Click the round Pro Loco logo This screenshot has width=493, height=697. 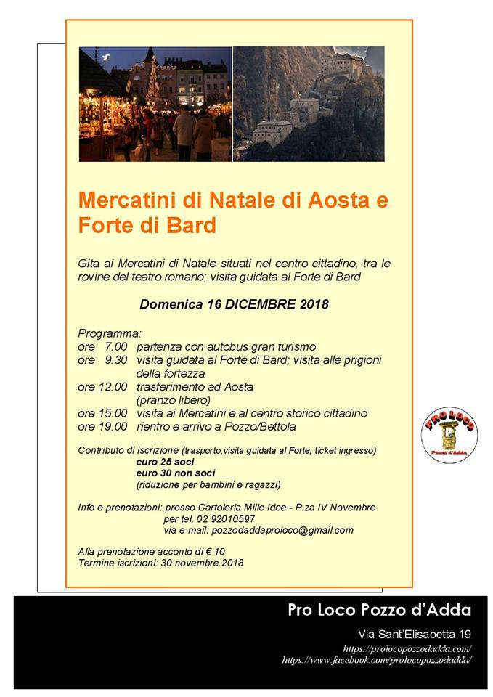(x=449, y=436)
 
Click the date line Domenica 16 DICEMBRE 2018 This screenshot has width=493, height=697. (x=234, y=305)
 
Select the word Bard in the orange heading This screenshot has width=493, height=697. (x=192, y=226)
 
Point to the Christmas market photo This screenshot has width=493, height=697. (x=155, y=104)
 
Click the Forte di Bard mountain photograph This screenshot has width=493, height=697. (x=308, y=104)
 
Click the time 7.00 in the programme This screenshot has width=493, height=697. (x=116, y=346)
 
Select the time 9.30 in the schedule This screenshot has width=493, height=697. (x=116, y=359)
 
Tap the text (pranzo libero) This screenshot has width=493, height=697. (x=173, y=399)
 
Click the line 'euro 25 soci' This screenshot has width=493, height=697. (x=166, y=462)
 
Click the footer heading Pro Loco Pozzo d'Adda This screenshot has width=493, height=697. (x=379, y=610)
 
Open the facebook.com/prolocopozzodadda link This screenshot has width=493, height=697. (x=377, y=660)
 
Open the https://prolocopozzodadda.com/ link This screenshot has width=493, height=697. (x=407, y=648)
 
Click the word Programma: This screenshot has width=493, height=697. (x=109, y=333)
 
